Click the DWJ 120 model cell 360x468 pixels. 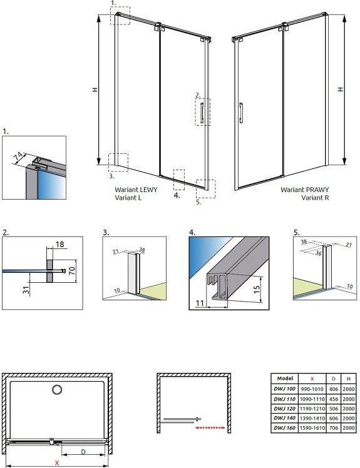pos(284,409)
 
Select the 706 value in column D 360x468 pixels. pos(334,428)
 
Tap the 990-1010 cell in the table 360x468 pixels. pos(312,389)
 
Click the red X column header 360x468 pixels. pos(312,379)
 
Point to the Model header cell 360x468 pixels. pos(284,379)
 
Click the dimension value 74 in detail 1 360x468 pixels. pos(18,156)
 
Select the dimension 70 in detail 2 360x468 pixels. pos(72,271)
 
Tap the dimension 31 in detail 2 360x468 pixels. pos(26,290)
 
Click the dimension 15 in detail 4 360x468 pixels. pos(257,289)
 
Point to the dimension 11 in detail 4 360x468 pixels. pos(200,303)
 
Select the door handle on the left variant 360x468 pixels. pos(202,113)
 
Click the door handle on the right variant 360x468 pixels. pos(241,113)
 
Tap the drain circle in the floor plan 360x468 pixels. pos(57,390)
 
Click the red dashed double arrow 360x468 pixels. pos(210,428)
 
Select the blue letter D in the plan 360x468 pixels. pos(83,452)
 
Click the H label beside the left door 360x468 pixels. pos(95,89)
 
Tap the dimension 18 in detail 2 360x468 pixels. pos(59,244)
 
